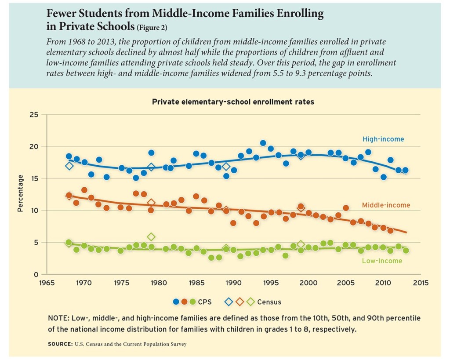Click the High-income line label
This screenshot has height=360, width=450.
(x=383, y=139)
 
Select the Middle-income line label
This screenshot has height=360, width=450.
(x=386, y=205)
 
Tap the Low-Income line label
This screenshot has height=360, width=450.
(x=382, y=261)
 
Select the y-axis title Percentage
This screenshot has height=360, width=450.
(x=20, y=193)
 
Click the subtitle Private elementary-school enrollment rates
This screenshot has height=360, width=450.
(x=233, y=102)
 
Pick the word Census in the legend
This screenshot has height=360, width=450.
(x=269, y=302)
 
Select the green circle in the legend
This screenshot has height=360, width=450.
(x=192, y=302)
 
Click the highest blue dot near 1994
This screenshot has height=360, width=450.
(x=263, y=143)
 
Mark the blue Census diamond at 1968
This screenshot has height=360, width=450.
(x=69, y=166)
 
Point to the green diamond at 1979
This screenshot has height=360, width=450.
(x=151, y=237)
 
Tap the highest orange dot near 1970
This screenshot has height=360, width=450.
(x=84, y=190)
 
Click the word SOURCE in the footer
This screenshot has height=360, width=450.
(x=60, y=344)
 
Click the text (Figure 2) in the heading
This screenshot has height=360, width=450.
(x=152, y=28)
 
